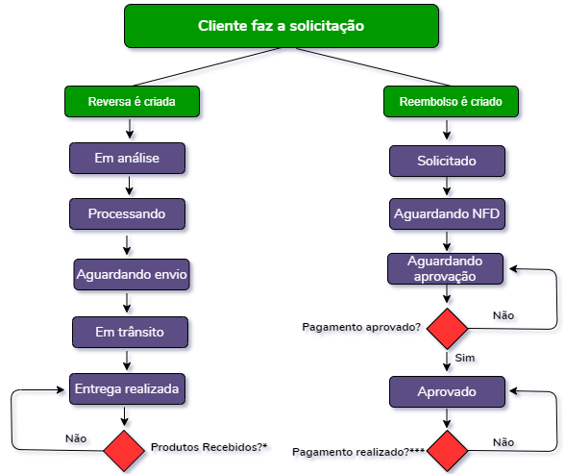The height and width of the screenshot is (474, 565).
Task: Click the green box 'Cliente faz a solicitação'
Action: [282, 26]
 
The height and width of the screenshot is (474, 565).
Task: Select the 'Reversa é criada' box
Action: [132, 101]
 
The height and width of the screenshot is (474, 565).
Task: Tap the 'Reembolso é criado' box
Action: [451, 101]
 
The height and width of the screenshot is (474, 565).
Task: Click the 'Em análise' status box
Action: [127, 158]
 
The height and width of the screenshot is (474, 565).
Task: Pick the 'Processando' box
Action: [127, 213]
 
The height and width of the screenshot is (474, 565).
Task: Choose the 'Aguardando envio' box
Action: [132, 274]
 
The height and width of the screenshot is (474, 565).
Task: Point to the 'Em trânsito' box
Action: [130, 332]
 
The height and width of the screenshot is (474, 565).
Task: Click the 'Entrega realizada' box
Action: [127, 388]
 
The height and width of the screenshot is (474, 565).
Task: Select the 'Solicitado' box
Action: [447, 161]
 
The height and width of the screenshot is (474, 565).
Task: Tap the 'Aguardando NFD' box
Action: [447, 213]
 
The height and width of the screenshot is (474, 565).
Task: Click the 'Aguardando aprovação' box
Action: [446, 268]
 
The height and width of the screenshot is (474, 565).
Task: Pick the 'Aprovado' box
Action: [447, 392]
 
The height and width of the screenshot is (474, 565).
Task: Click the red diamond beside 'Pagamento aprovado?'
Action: [447, 329]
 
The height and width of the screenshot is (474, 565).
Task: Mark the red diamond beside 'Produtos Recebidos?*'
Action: [124, 451]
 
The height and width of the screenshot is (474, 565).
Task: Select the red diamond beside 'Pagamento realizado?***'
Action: [447, 451]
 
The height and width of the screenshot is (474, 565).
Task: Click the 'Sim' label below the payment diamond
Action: [465, 358]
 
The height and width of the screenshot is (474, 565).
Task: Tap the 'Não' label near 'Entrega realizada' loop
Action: [76, 438]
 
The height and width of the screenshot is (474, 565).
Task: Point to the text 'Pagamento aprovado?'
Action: [361, 327]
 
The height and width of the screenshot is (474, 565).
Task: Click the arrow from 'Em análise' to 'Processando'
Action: [130, 186]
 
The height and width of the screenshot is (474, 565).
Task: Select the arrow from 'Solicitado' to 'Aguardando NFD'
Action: [447, 186]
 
